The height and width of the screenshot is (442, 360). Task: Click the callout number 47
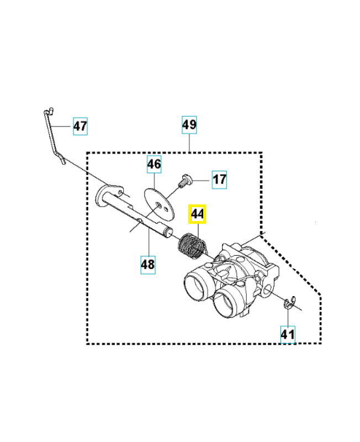click(x=80, y=126)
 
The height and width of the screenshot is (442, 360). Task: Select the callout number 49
click(x=189, y=125)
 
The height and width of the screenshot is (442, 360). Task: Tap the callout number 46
click(x=154, y=164)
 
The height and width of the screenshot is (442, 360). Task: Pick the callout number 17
click(x=219, y=180)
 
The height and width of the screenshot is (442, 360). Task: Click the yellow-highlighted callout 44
click(x=197, y=214)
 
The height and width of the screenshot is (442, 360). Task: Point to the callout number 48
click(x=148, y=265)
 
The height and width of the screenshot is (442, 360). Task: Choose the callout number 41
click(x=288, y=335)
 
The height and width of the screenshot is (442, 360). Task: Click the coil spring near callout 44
click(x=192, y=246)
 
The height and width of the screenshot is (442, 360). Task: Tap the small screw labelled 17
click(x=184, y=180)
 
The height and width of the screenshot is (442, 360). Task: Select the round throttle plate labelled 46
click(x=159, y=204)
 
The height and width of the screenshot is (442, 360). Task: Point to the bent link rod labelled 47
click(x=54, y=136)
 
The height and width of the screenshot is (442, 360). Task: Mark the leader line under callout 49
click(x=189, y=143)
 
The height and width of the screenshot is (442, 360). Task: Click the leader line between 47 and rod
click(x=61, y=127)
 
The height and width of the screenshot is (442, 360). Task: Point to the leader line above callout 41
click(x=288, y=317)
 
